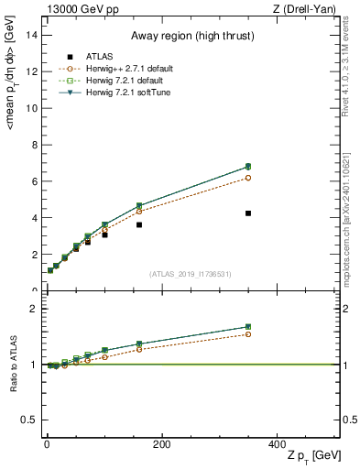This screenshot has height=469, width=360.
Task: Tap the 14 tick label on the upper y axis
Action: pos(30,35)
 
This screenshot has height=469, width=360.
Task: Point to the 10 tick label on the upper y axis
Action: pos(30,108)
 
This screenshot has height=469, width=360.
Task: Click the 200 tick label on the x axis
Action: pos(161,443)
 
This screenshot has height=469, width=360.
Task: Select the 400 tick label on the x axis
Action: pos(276,443)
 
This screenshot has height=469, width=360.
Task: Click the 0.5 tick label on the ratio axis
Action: pos(27,420)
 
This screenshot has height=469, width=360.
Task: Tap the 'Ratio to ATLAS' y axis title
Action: pos(13,366)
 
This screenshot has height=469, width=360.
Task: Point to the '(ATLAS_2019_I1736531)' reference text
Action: pos(189,274)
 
